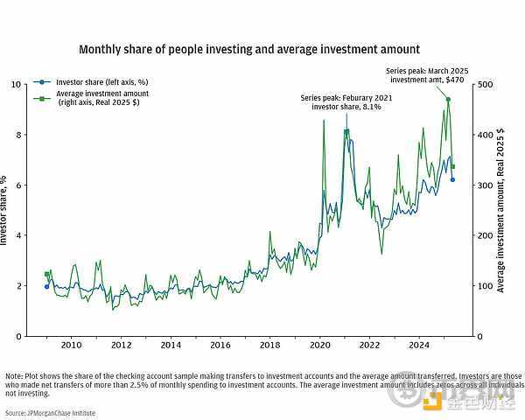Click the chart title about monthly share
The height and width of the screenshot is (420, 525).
249,50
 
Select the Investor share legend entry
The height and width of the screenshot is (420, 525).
90,82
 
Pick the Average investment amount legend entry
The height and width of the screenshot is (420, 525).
91,98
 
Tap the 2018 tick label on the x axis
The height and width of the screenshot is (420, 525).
269,345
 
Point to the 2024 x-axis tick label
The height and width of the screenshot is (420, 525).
419,345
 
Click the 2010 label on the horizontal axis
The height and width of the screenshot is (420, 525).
72,345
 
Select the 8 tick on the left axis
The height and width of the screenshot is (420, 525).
19,135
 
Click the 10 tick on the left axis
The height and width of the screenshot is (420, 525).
17,84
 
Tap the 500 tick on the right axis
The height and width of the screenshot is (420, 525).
485,84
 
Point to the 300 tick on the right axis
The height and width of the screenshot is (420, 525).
485,185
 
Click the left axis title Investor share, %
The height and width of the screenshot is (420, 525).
3,210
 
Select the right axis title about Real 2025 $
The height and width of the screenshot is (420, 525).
500,210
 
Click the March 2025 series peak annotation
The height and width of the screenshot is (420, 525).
427,75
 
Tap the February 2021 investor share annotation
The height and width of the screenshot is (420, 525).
346,102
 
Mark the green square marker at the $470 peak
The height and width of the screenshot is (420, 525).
448,99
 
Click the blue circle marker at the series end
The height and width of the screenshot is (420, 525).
452,180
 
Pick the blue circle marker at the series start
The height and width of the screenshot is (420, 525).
46,287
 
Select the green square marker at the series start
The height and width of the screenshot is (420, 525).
46,274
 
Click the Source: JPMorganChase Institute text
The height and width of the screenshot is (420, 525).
50,413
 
